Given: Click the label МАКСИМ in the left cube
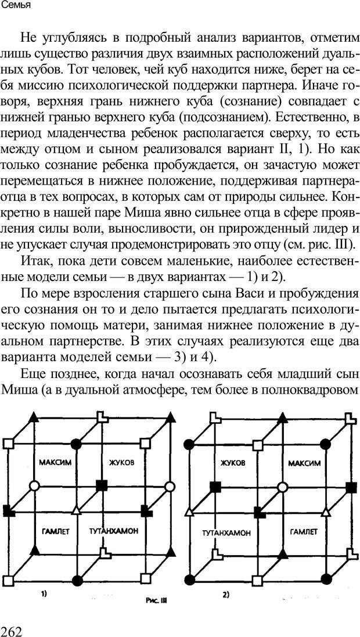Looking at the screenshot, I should [55, 463].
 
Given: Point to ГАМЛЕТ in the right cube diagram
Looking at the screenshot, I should [302, 531].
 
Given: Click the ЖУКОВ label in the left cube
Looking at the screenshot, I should [121, 463].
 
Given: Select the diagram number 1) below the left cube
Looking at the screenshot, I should [44, 593].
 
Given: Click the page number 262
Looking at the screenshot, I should [15, 625].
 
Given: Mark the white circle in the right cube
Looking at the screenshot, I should [282, 485].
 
